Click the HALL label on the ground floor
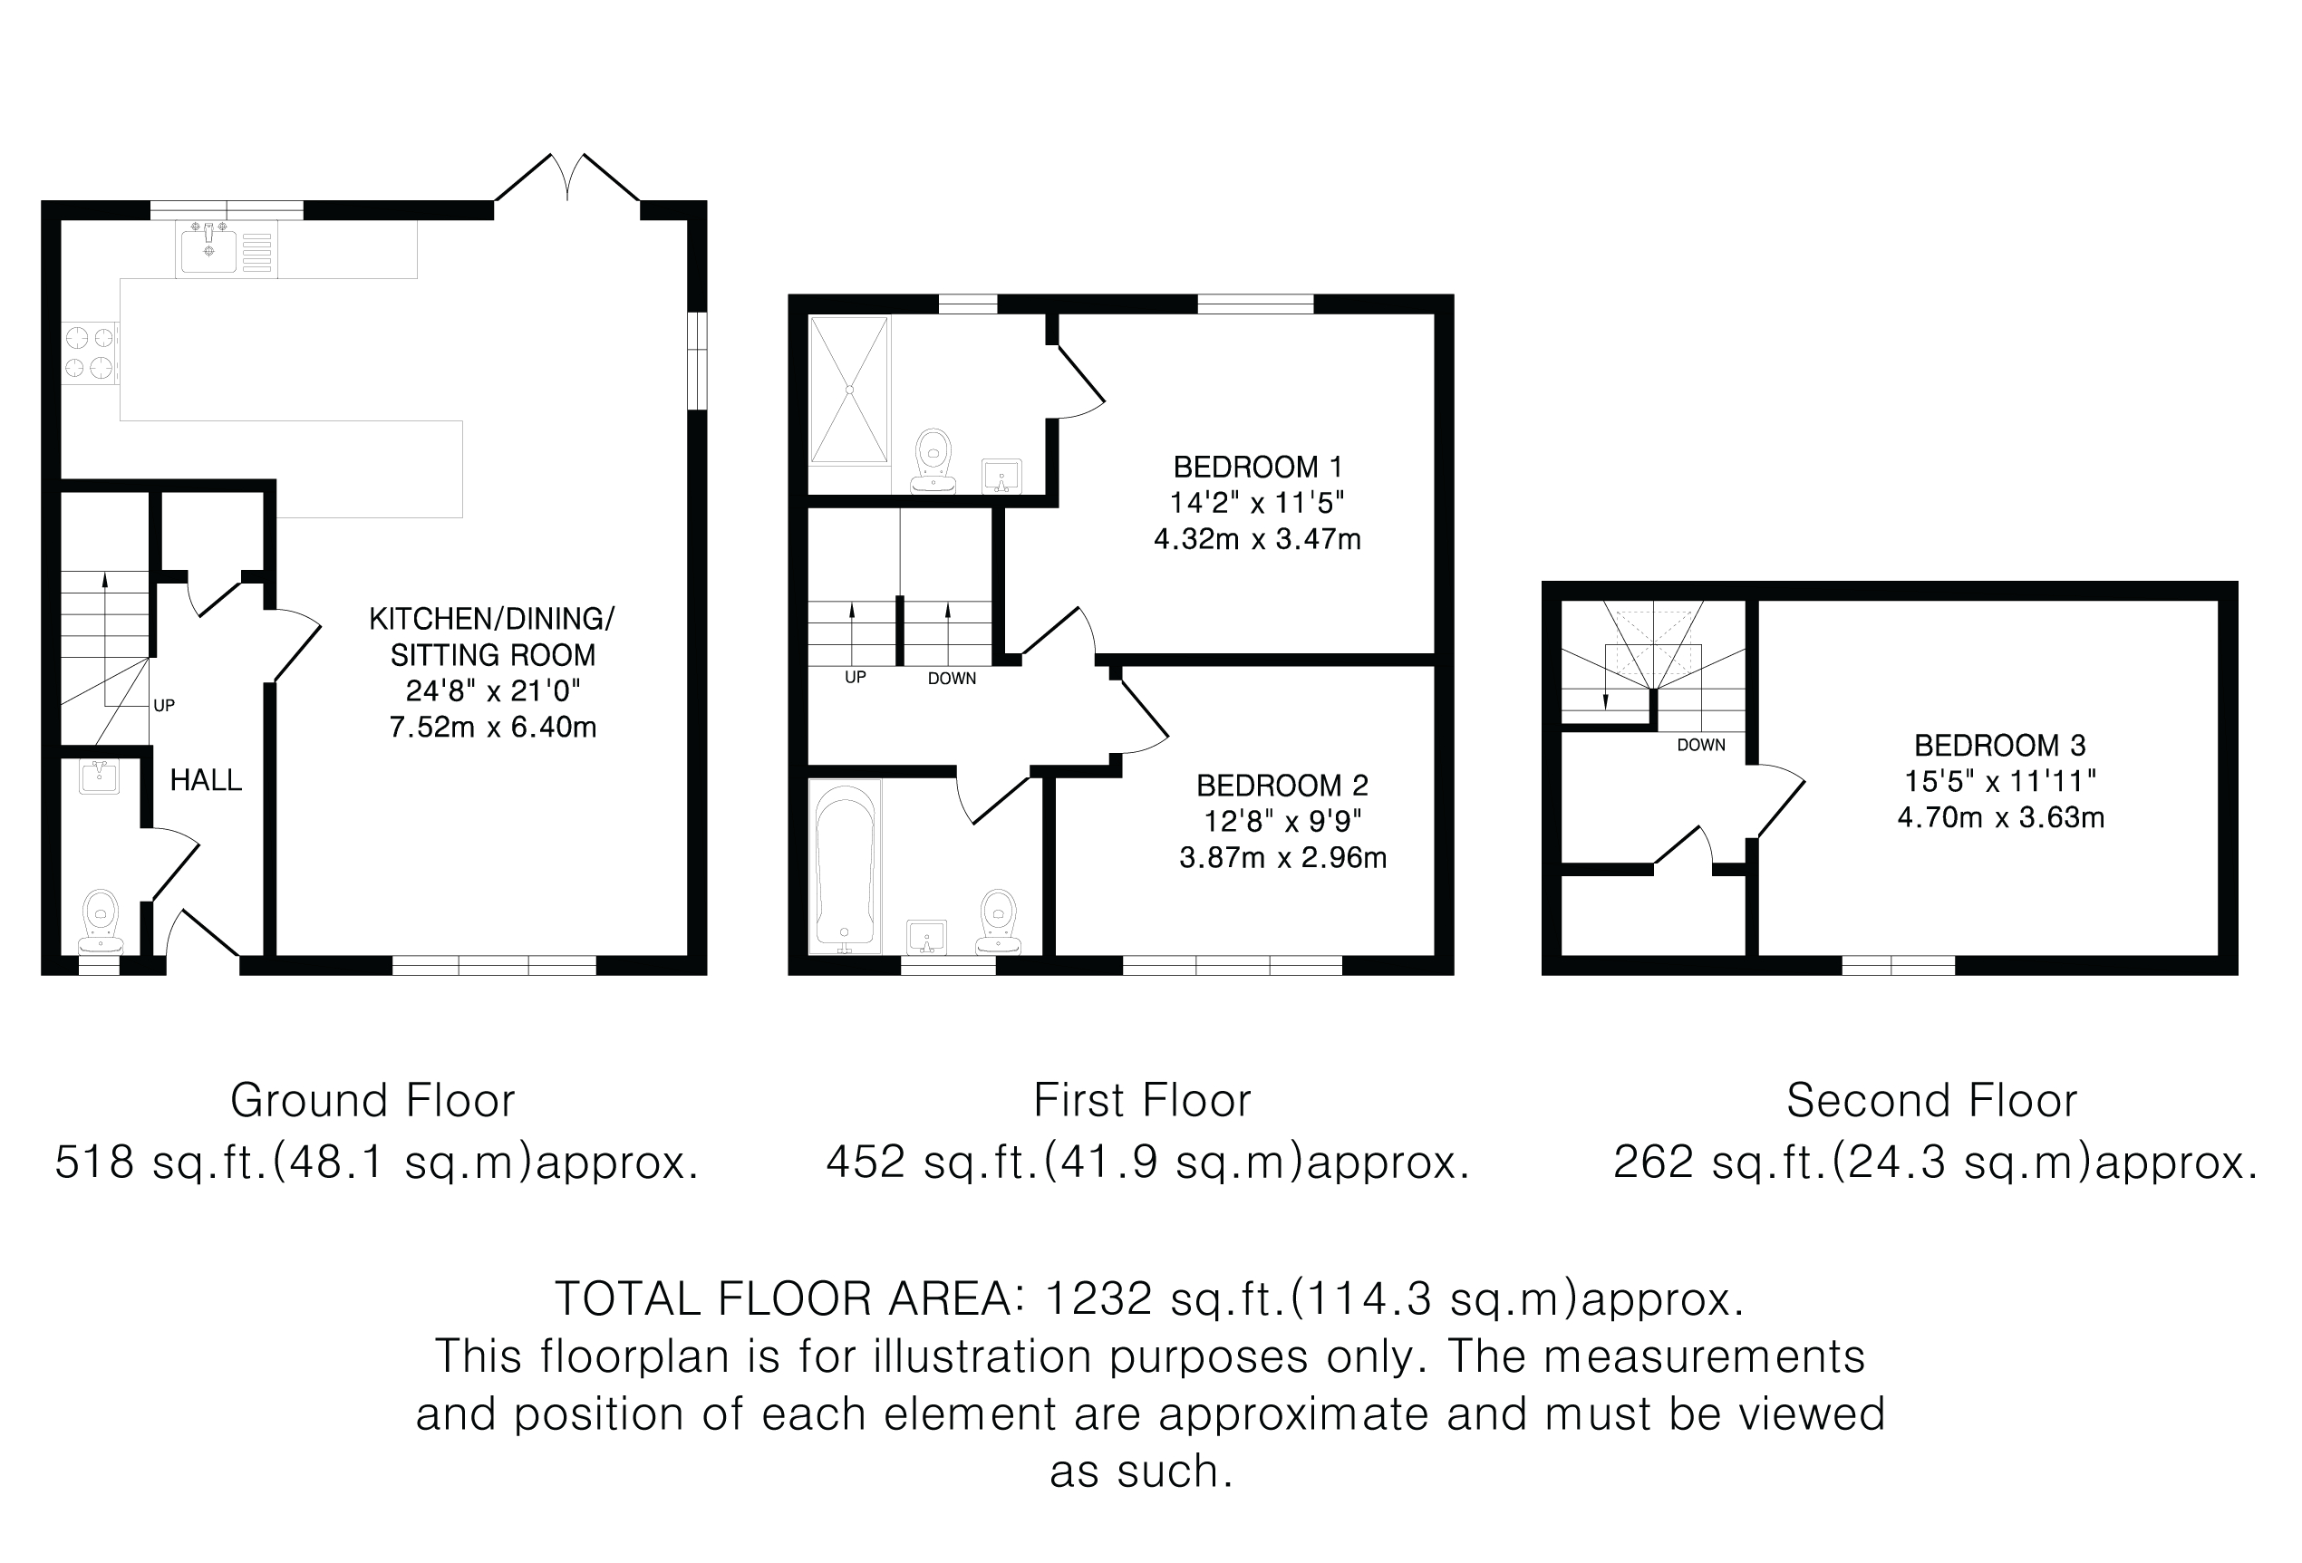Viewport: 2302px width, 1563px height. pos(206,780)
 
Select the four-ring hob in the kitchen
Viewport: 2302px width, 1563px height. pos(89,353)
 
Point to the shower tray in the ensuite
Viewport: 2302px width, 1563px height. pos(849,390)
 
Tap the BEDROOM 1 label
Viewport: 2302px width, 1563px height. pos(1258,467)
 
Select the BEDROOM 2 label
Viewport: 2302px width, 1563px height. pos(1282,786)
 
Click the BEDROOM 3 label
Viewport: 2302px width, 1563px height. pos(2000,745)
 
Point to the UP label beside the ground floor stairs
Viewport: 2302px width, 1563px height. pos(164,705)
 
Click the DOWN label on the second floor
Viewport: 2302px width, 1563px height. pos(1701,745)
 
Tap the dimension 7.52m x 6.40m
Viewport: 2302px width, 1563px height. pos(492,727)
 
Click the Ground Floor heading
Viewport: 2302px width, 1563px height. pos(372,1100)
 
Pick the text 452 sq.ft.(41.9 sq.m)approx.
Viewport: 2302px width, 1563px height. pos(1148,1162)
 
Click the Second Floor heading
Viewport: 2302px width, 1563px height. pos(1931,1100)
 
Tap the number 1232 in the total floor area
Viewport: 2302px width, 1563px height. pos(1098,1298)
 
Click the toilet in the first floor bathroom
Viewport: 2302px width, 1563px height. pos(999,921)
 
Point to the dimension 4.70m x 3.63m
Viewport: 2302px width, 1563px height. pos(2001,817)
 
